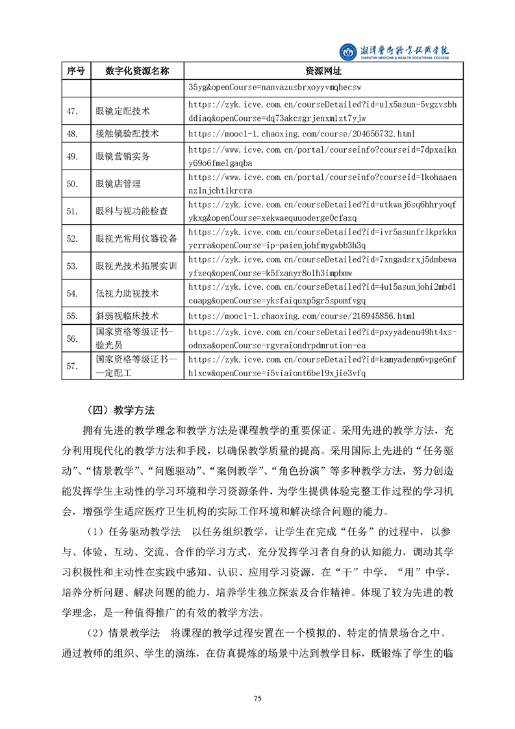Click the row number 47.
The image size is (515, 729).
(73, 111)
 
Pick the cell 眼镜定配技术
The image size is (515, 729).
(122, 111)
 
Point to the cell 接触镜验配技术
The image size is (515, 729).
(127, 134)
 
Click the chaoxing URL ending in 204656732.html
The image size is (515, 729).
(301, 134)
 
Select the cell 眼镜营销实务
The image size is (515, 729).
(122, 157)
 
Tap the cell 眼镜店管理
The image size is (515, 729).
(118, 184)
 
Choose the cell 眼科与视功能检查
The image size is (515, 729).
(131, 211)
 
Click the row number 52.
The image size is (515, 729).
(73, 238)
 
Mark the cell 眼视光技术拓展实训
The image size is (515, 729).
(136, 266)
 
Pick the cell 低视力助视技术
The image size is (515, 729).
(127, 293)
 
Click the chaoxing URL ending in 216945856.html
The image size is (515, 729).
(301, 316)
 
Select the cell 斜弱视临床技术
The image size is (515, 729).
(127, 316)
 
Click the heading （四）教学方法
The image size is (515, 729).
(119, 410)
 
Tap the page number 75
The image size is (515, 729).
(257, 698)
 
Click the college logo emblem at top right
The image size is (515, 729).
(349, 51)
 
